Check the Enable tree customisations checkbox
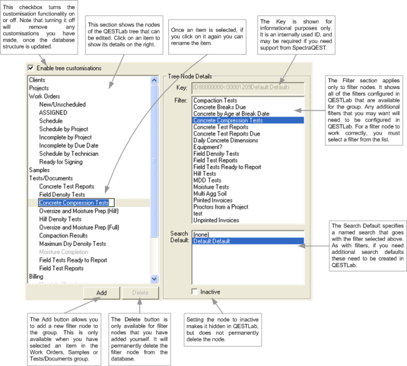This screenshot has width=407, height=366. point(32,68)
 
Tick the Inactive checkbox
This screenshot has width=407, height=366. point(195,292)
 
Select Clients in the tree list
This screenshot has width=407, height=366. point(38,80)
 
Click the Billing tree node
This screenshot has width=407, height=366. point(37,276)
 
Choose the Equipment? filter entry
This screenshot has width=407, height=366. point(210,147)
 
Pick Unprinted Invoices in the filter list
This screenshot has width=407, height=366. point(216,220)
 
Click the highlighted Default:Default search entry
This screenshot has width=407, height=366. point(211,240)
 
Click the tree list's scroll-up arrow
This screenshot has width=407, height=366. point(154,80)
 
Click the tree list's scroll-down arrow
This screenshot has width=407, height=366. point(154,278)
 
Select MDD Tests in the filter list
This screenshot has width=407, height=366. point(207,181)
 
